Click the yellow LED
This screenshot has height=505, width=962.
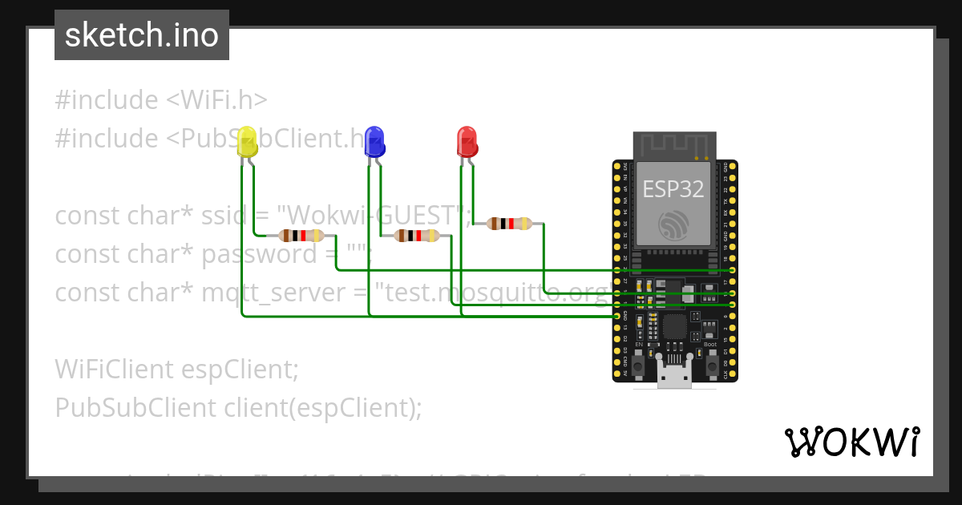click(248, 142)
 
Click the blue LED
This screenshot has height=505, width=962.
click(374, 141)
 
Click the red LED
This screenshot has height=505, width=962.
click(467, 141)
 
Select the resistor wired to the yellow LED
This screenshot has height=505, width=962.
click(301, 236)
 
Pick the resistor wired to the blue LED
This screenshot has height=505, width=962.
click(416, 236)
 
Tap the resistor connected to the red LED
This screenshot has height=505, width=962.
click(509, 224)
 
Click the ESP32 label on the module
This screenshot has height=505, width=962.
click(673, 189)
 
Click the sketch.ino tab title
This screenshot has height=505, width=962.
click(142, 35)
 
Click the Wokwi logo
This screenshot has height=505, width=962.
click(851, 442)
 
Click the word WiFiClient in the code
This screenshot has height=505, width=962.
click(114, 370)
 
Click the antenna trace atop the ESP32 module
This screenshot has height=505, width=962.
click(673, 145)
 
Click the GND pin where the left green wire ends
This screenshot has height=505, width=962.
click(616, 317)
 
